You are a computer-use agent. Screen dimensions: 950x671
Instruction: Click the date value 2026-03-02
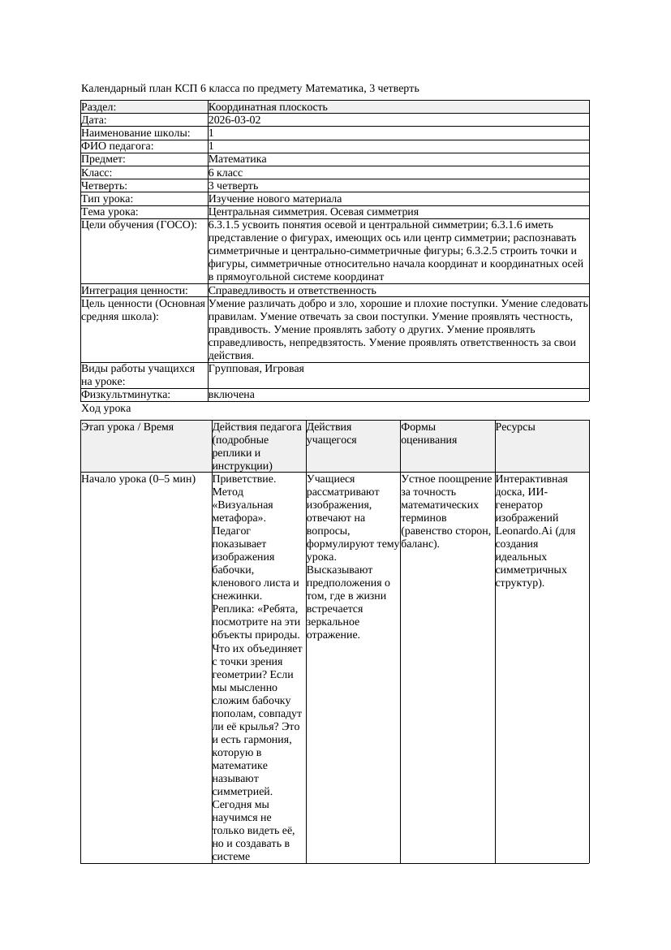(x=234, y=119)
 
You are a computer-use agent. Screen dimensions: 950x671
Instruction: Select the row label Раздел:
(x=99, y=106)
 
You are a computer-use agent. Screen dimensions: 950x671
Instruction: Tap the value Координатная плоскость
(x=268, y=106)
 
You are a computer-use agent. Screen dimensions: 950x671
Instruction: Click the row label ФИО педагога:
(x=118, y=146)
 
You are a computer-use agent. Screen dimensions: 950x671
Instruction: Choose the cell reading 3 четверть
(x=233, y=185)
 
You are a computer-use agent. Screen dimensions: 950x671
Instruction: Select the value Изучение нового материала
(x=275, y=198)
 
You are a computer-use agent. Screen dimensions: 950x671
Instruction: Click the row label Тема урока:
(x=110, y=211)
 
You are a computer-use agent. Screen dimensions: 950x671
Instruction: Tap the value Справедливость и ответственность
(x=292, y=290)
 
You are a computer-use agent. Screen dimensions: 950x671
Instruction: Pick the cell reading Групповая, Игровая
(x=256, y=369)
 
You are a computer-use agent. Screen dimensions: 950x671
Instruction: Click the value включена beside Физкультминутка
(x=231, y=395)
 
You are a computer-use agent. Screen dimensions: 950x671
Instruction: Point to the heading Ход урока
(x=105, y=408)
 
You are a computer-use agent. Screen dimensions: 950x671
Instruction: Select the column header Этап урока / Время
(x=127, y=426)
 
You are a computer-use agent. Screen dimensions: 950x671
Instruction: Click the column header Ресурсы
(x=515, y=426)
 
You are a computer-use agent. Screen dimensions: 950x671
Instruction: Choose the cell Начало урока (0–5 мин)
(x=139, y=478)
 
